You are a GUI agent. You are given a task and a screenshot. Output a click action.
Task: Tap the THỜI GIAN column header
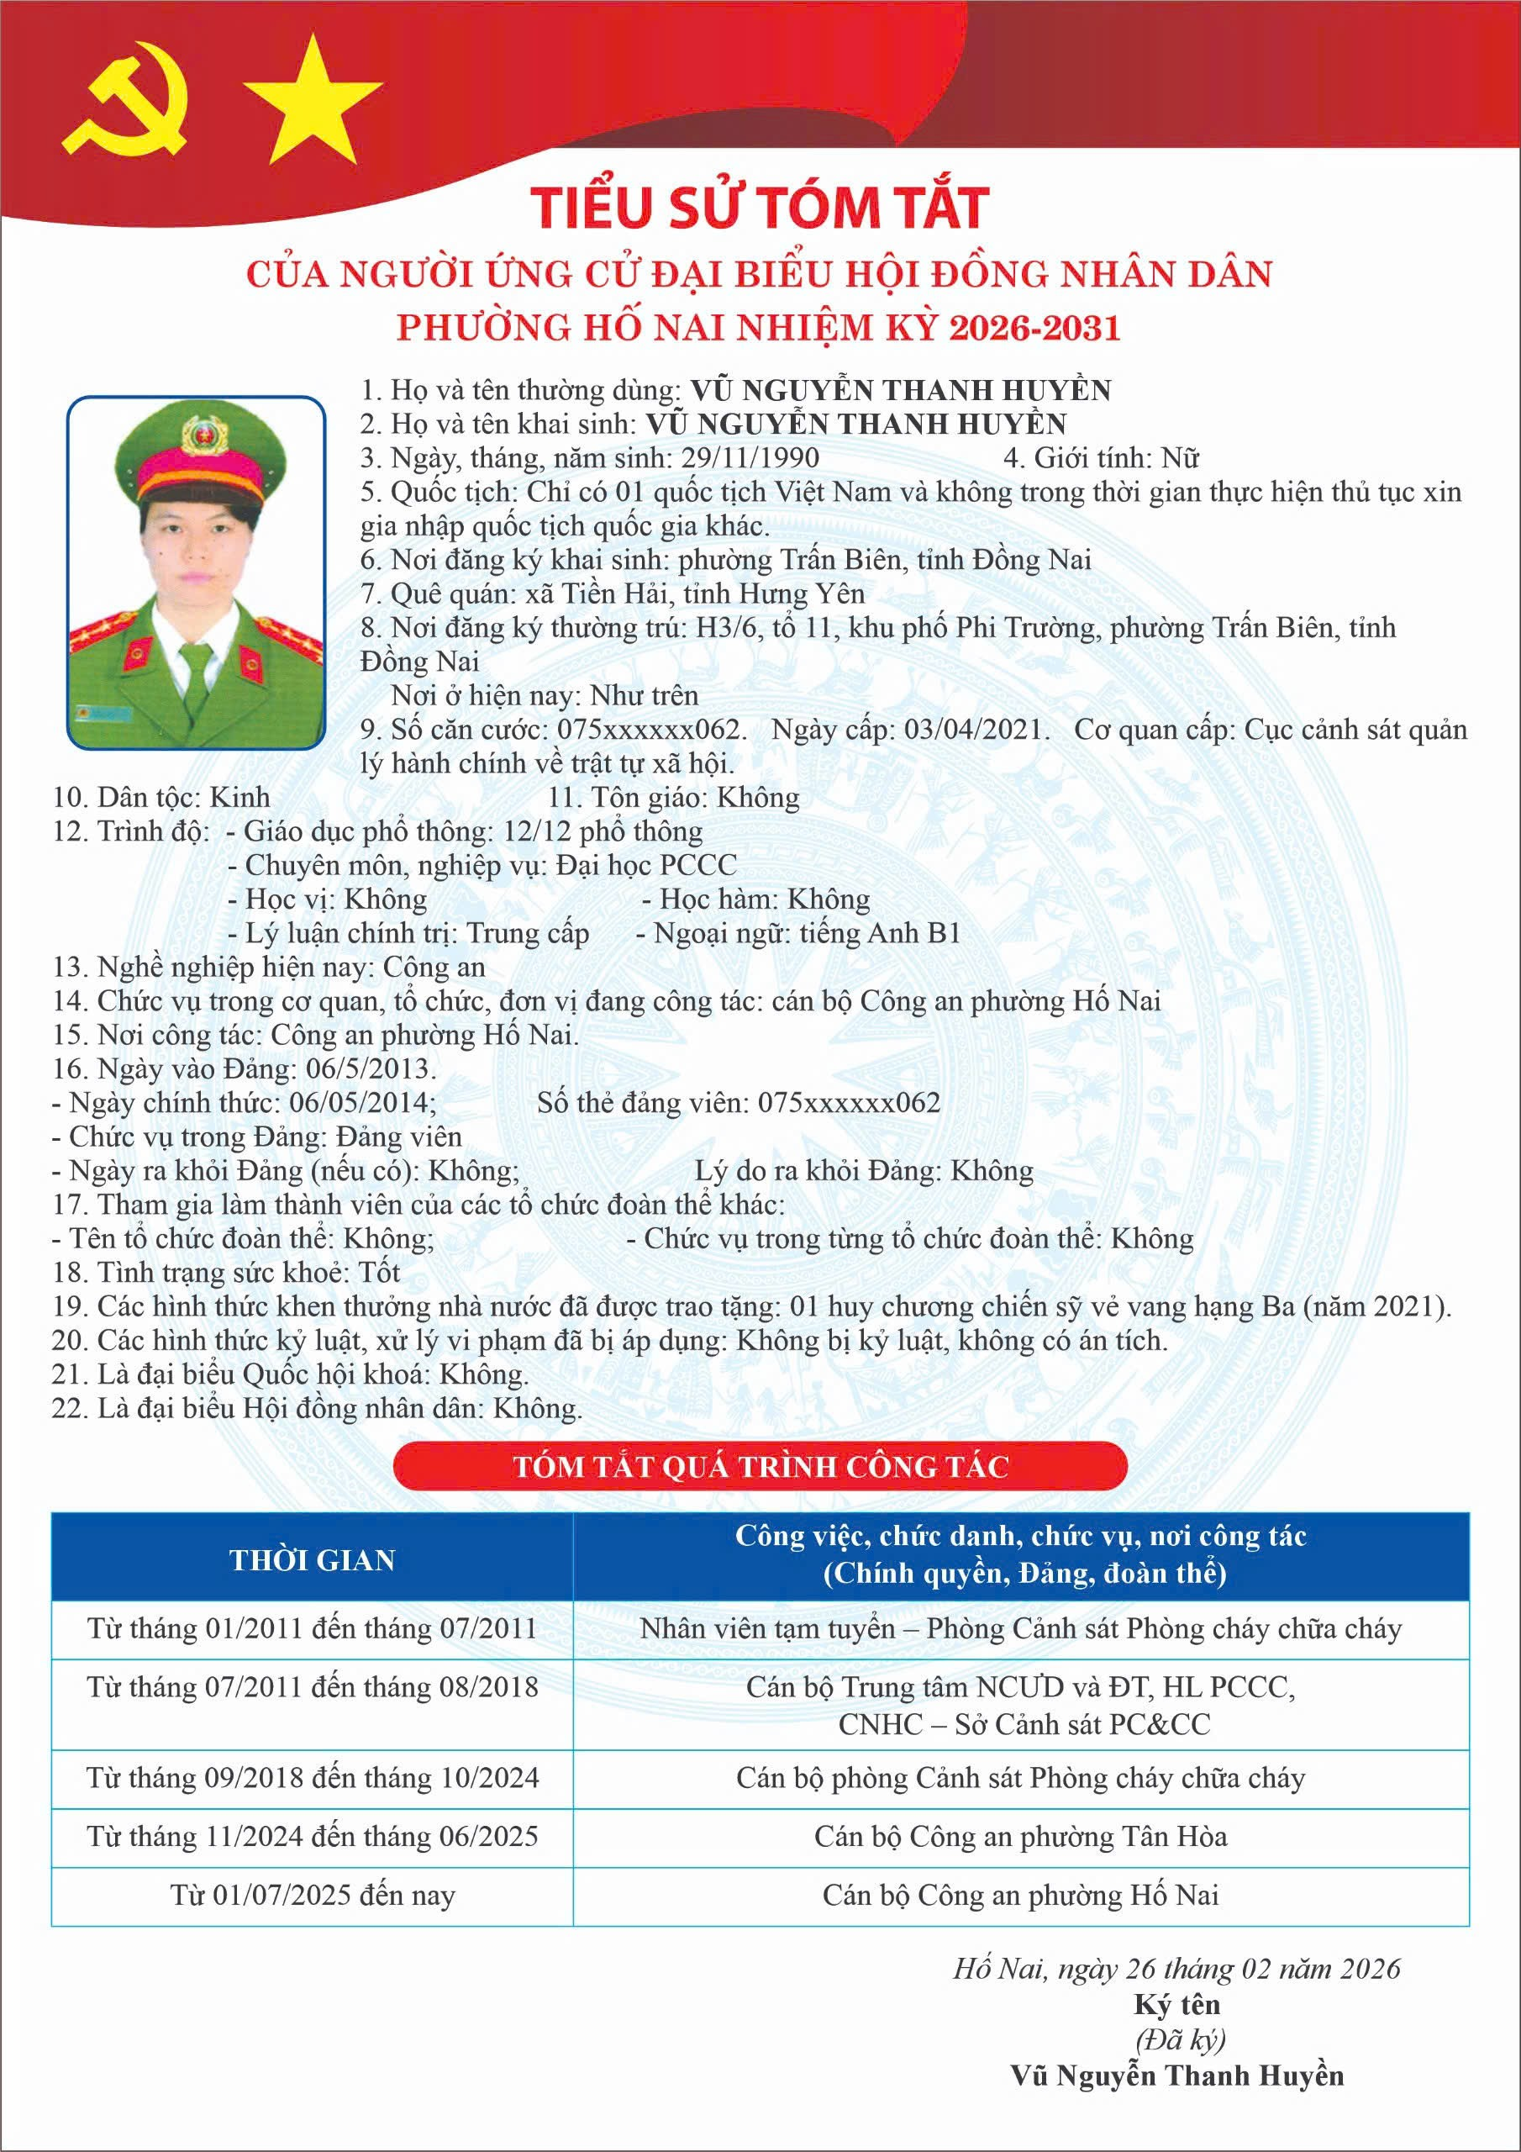pyautogui.click(x=312, y=1559)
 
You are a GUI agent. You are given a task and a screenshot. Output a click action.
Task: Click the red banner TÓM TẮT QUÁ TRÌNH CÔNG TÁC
pyautogui.click(x=760, y=1467)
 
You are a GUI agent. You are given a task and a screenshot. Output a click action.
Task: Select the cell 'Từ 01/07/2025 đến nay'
pyautogui.click(x=312, y=1895)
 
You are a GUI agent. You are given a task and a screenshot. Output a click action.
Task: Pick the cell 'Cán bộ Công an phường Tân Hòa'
pyautogui.click(x=1020, y=1836)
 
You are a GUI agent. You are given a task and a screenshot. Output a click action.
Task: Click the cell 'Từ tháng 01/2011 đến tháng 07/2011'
pyautogui.click(x=312, y=1628)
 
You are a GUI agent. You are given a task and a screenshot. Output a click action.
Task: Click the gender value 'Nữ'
pyautogui.click(x=1181, y=457)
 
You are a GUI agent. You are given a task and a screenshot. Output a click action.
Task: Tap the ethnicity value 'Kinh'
pyautogui.click(x=239, y=797)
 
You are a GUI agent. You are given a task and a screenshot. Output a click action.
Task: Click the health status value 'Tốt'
pyautogui.click(x=379, y=1272)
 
